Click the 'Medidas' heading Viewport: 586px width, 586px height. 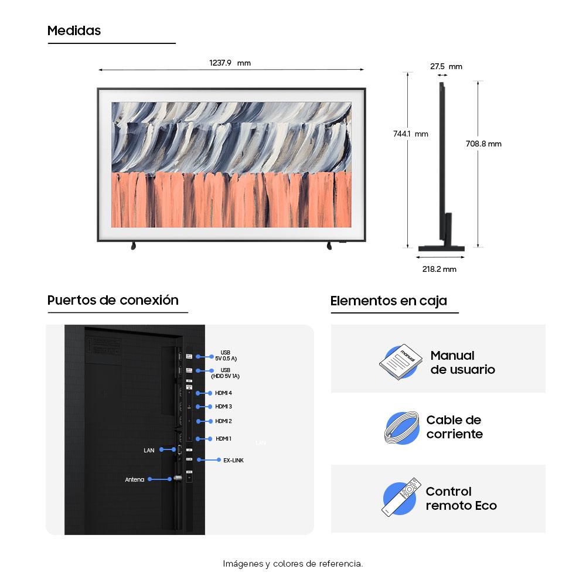pyautogui.click(x=74, y=30)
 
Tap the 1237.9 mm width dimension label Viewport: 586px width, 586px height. pyautogui.click(x=230, y=63)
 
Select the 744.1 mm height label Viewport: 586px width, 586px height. pyautogui.click(x=410, y=134)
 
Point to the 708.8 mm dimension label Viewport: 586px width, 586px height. pyautogui.click(x=483, y=144)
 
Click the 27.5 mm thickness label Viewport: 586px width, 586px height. pyautogui.click(x=446, y=67)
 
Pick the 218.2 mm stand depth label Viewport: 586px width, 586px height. pyautogui.click(x=439, y=269)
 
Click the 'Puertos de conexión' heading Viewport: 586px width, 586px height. pyautogui.click(x=113, y=300)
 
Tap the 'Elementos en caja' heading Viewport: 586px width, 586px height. pyautogui.click(x=389, y=301)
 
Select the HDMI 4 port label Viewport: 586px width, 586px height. pyautogui.click(x=223, y=393)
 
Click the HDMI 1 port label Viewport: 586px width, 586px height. pyautogui.click(x=223, y=439)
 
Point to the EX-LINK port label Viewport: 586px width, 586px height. pyautogui.click(x=233, y=461)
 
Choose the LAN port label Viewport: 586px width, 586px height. pyautogui.click(x=149, y=450)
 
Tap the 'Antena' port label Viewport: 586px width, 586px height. pyautogui.click(x=135, y=479)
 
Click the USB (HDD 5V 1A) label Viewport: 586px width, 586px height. pyautogui.click(x=226, y=373)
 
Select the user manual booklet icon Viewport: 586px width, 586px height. pyautogui.click(x=400, y=362)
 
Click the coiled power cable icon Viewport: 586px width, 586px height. pyautogui.click(x=402, y=428)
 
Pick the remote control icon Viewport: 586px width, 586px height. pyautogui.click(x=401, y=497)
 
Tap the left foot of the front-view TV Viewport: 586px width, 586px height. pyautogui.click(x=133, y=246)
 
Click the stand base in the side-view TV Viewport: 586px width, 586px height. pyautogui.click(x=441, y=248)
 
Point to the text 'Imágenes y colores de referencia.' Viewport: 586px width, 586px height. pyautogui.click(x=292, y=564)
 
